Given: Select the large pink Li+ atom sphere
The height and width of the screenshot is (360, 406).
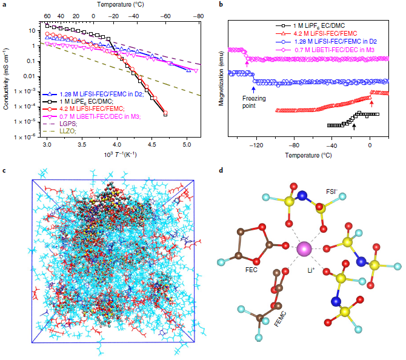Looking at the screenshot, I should [304, 248].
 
